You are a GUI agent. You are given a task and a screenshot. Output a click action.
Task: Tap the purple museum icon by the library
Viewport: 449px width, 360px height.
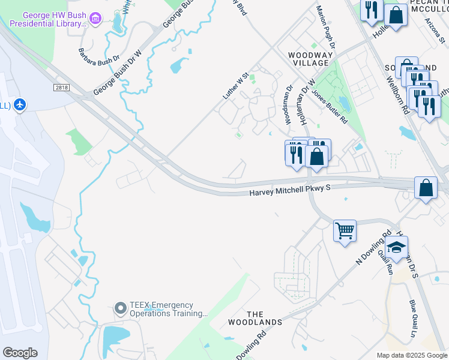95,19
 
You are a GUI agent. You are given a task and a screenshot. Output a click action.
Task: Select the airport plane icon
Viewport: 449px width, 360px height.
20,105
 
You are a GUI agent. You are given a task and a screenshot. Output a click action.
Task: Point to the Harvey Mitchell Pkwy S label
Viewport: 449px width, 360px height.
291,191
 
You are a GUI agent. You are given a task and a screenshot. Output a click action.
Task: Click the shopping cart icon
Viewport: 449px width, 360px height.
345,230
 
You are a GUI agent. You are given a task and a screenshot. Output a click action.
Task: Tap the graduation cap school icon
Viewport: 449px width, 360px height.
396,246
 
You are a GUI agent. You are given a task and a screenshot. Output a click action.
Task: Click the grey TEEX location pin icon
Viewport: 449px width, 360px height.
120,309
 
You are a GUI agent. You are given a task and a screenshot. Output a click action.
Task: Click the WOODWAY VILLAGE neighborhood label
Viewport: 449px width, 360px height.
309,59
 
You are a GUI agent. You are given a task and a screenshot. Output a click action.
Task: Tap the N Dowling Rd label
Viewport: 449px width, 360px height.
373,246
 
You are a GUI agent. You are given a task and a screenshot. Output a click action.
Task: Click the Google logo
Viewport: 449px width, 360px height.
20,353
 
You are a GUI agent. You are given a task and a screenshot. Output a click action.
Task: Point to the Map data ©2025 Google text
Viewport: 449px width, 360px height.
412,355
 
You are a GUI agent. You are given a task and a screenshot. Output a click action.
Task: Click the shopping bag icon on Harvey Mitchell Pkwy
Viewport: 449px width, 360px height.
426,187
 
